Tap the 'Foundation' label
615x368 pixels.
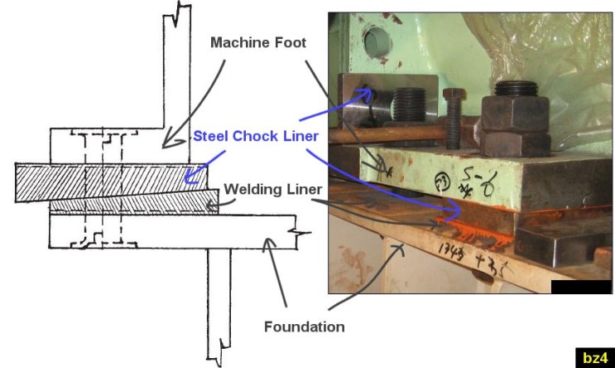pyautogui.click(x=304, y=327)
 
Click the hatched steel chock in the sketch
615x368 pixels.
pyautogui.click(x=116, y=180)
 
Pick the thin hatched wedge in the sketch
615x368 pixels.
pyautogui.click(x=132, y=202)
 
